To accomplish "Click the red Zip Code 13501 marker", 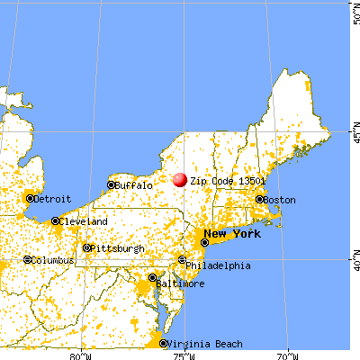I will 181,180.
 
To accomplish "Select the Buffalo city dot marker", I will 111,185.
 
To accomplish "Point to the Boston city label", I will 280,199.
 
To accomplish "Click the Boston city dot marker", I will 259,199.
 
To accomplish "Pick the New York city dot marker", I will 206,241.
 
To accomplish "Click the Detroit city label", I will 54,198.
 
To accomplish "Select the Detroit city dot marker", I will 31,198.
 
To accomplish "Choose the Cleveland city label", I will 85,221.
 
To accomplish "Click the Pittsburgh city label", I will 120,248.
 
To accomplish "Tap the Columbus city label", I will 53,260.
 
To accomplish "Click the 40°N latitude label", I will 355,261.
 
